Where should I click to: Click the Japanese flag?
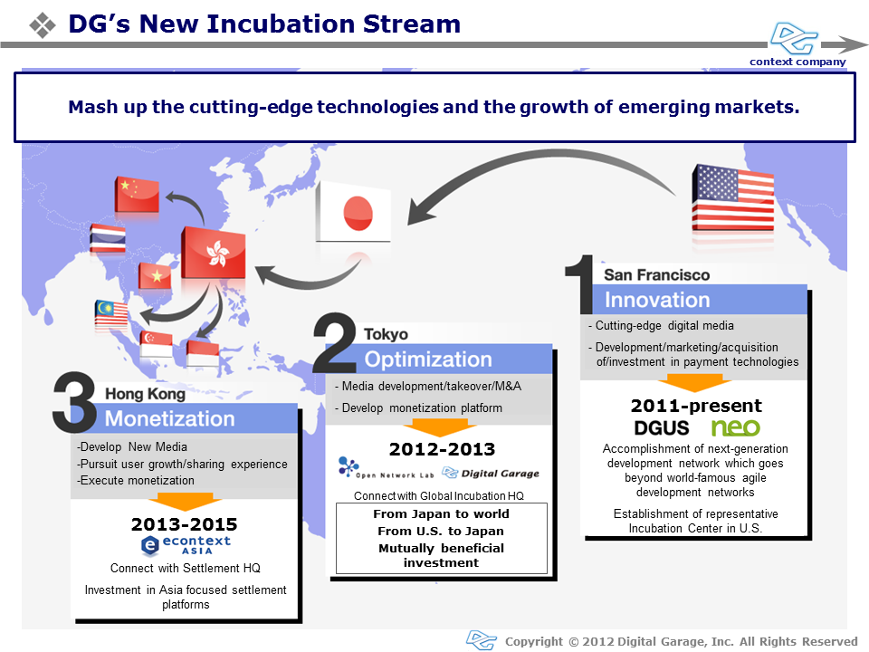click(354, 212)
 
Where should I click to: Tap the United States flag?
click(732, 197)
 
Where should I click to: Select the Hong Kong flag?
click(214, 253)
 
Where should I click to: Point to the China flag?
click(137, 194)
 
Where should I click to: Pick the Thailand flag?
click(108, 238)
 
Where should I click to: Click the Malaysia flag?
click(111, 316)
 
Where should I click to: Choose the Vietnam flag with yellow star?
click(155, 275)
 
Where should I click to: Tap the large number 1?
click(579, 283)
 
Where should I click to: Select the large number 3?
click(75, 402)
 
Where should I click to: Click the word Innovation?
click(657, 300)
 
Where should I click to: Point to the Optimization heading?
click(428, 360)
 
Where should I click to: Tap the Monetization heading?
click(169, 418)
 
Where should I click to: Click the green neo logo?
click(735, 427)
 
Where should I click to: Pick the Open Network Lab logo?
click(386, 468)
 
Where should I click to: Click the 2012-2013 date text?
click(442, 449)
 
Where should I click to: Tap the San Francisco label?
click(657, 275)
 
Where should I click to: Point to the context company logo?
click(797, 44)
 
